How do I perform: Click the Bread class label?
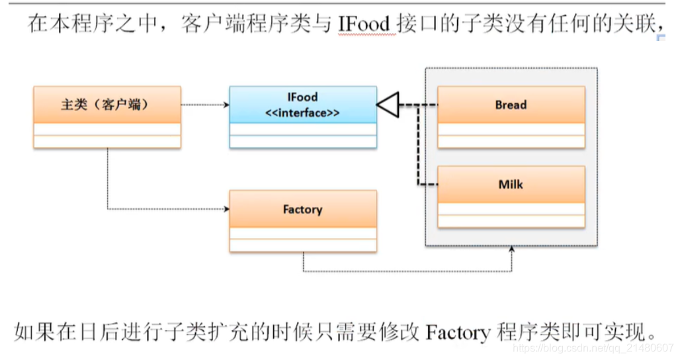(511, 105)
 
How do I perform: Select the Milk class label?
(511, 184)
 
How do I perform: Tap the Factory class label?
(302, 209)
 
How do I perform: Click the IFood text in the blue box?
(302, 97)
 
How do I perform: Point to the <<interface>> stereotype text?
(302, 112)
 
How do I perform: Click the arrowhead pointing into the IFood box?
(226, 105)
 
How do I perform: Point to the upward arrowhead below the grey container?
(511, 251)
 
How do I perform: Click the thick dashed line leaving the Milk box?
(427, 184)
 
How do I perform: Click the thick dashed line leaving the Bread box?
(427, 105)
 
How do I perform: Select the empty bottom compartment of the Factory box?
(302, 246)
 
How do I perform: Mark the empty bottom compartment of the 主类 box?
(106, 142)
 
